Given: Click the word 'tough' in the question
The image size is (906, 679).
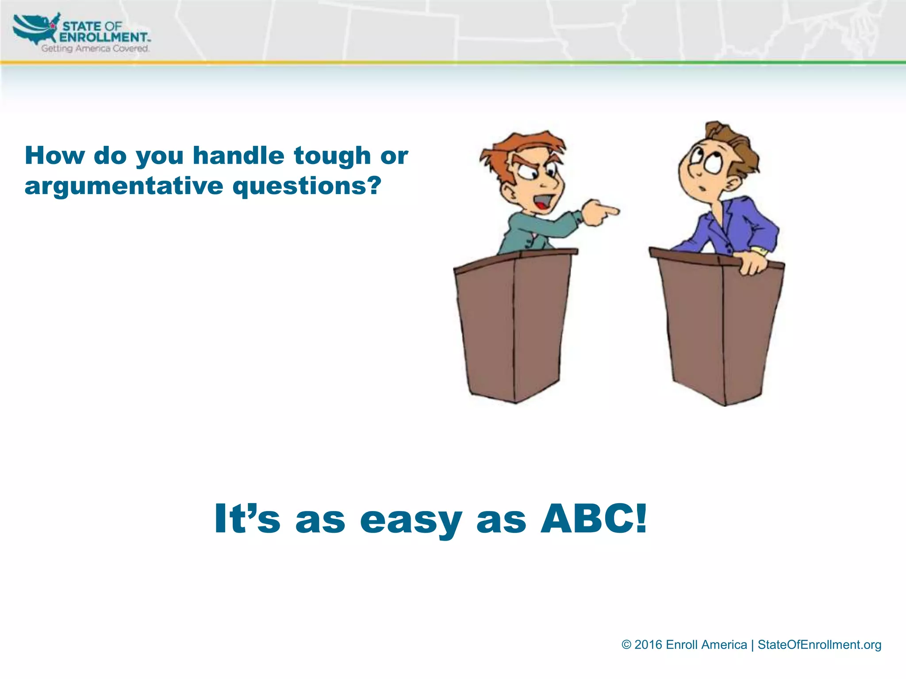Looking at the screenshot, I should click(332, 156).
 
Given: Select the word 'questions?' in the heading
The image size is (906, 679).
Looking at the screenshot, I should click(307, 186).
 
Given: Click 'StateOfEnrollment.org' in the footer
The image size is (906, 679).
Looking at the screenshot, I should click(819, 645).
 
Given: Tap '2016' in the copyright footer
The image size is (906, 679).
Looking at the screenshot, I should click(648, 645).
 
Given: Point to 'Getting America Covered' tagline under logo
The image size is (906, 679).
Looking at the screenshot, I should click(95, 49).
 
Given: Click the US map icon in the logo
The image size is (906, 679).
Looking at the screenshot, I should click(35, 29).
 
